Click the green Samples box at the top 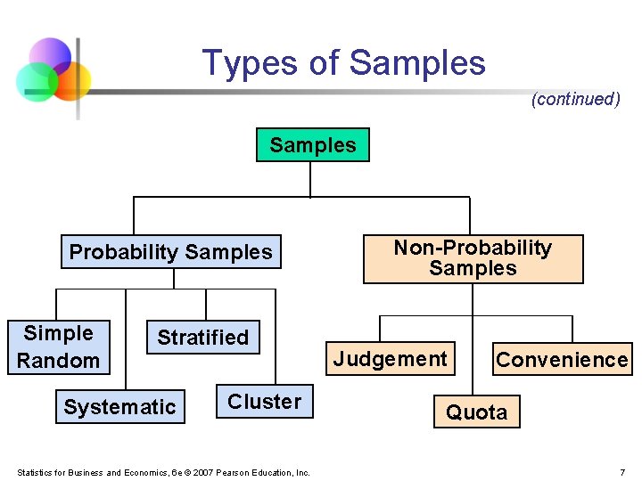click(312, 145)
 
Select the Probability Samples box click(170, 252)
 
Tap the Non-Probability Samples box click(473, 258)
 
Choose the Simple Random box click(58, 346)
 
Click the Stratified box click(203, 337)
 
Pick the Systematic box click(119, 407)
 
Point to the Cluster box click(264, 402)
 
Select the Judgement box click(391, 359)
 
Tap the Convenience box click(562, 360)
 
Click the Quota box click(476, 412)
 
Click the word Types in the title click(235, 63)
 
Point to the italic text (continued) click(575, 99)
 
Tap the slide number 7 click(622, 472)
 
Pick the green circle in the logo click(36, 82)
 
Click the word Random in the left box click(58, 360)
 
